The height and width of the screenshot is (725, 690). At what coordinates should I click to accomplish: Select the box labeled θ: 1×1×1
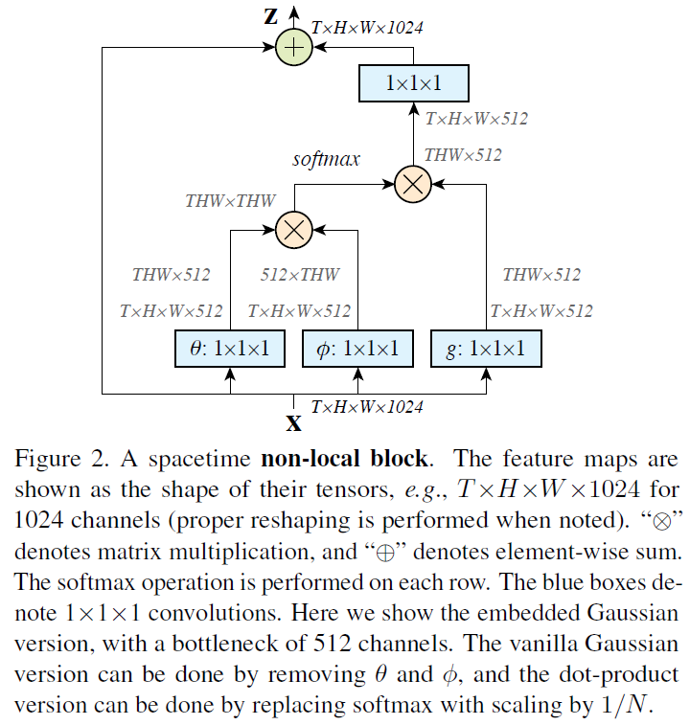230,349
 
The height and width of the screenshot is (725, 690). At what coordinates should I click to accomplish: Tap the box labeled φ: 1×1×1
357,349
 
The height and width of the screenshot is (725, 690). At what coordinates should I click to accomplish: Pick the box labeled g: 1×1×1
486,349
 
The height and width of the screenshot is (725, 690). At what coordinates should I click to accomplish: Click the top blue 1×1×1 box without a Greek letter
413,83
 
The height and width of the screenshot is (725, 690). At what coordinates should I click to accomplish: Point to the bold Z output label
271,16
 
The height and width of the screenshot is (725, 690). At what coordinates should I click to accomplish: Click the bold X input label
294,422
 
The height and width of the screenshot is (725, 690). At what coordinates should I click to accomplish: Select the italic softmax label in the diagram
326,158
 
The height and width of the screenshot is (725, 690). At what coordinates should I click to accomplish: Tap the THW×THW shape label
230,201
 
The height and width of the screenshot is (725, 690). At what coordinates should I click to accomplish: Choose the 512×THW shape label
300,275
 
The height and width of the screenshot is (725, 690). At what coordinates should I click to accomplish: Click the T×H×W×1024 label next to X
366,407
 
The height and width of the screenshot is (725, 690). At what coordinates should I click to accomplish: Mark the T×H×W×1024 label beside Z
368,28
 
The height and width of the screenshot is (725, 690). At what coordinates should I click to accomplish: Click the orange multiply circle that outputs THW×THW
293,229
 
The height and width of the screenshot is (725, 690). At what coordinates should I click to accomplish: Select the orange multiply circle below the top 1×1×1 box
413,185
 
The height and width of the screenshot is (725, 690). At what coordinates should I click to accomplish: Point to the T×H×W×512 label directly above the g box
540,311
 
